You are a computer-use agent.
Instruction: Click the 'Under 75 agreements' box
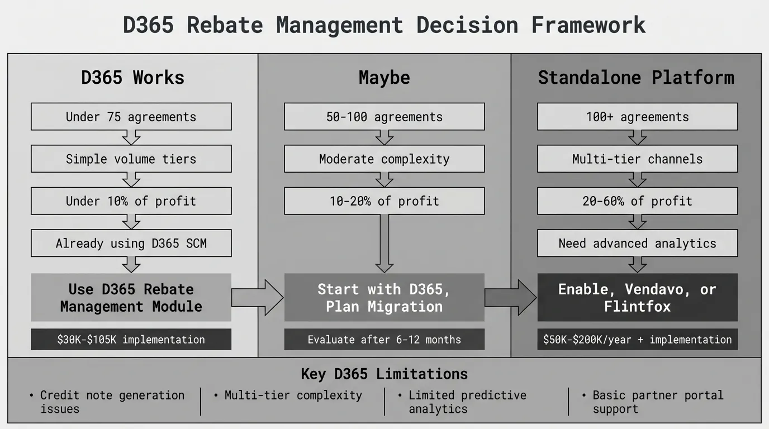tap(131, 117)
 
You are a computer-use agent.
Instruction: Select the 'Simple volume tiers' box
tap(131, 159)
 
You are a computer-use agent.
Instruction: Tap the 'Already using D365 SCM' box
tap(131, 244)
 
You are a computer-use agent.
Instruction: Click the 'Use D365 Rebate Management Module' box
tap(131, 298)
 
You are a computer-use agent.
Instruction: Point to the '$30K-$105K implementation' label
tap(131, 340)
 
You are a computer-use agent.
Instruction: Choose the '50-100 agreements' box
tap(385, 117)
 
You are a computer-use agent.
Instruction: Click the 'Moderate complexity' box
tap(385, 159)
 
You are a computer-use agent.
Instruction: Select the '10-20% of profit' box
tap(385, 201)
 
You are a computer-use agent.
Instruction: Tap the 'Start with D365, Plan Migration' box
tap(385, 298)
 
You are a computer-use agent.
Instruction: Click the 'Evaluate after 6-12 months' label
tap(385, 340)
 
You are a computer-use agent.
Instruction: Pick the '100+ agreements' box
tap(638, 117)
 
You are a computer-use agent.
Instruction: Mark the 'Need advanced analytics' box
tap(638, 244)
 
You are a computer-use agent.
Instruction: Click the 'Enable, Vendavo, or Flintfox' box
tap(638, 298)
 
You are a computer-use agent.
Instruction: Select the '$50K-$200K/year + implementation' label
tap(638, 340)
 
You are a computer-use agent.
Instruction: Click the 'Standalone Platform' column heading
tap(636, 78)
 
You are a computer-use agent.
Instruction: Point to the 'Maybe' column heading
tap(385, 78)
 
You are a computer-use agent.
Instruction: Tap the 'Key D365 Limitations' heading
tap(385, 374)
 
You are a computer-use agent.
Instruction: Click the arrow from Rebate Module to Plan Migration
tap(258, 298)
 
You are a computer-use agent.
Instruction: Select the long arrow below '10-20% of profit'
tap(385, 244)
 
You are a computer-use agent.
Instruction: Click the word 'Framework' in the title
tap(588, 25)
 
